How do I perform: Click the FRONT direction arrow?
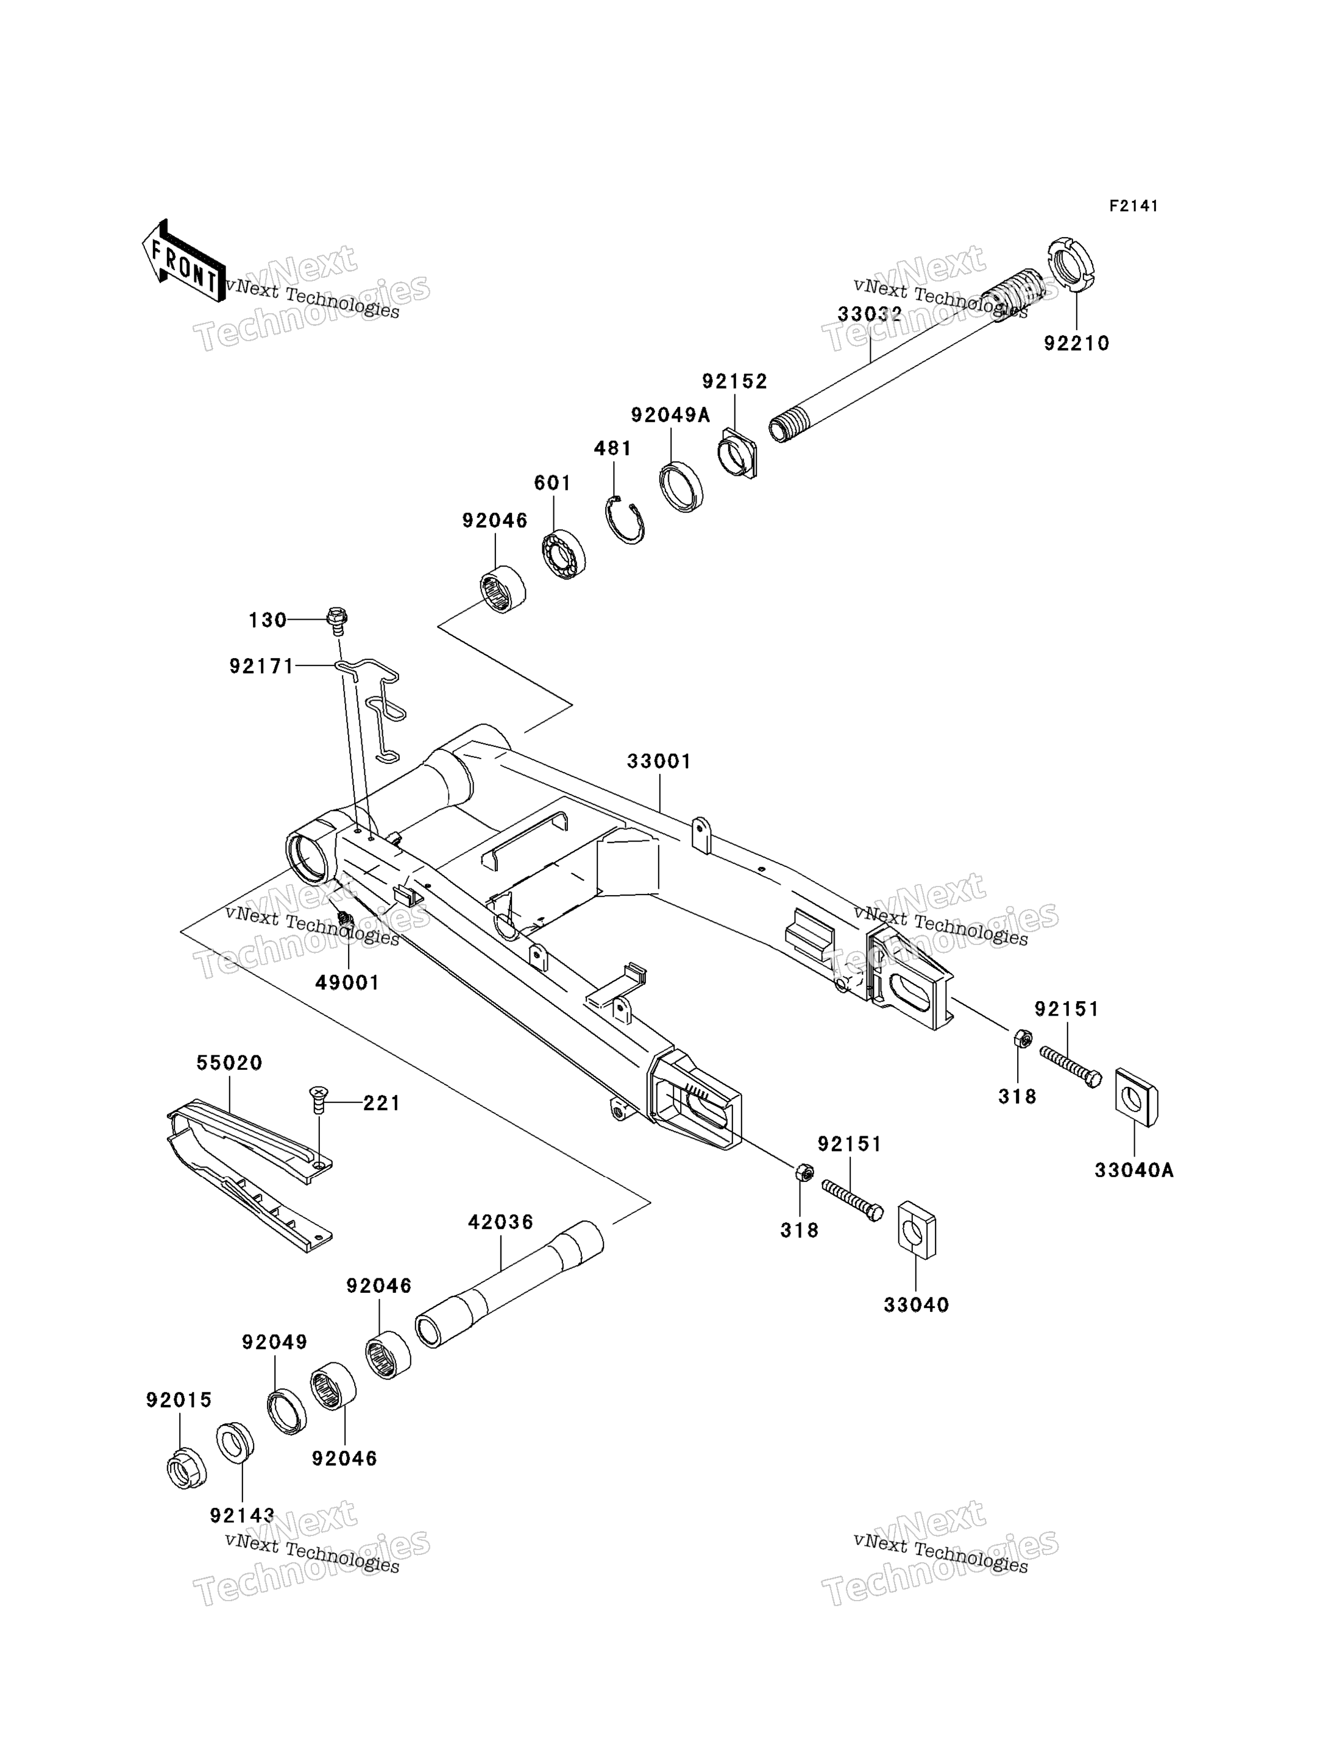(x=183, y=260)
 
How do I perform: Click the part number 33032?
(x=870, y=314)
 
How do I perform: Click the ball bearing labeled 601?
(x=564, y=553)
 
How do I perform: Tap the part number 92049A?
(x=670, y=415)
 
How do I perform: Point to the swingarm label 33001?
(x=659, y=762)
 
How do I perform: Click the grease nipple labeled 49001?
(x=344, y=921)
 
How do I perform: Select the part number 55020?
(x=230, y=1062)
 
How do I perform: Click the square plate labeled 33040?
(x=917, y=1231)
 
